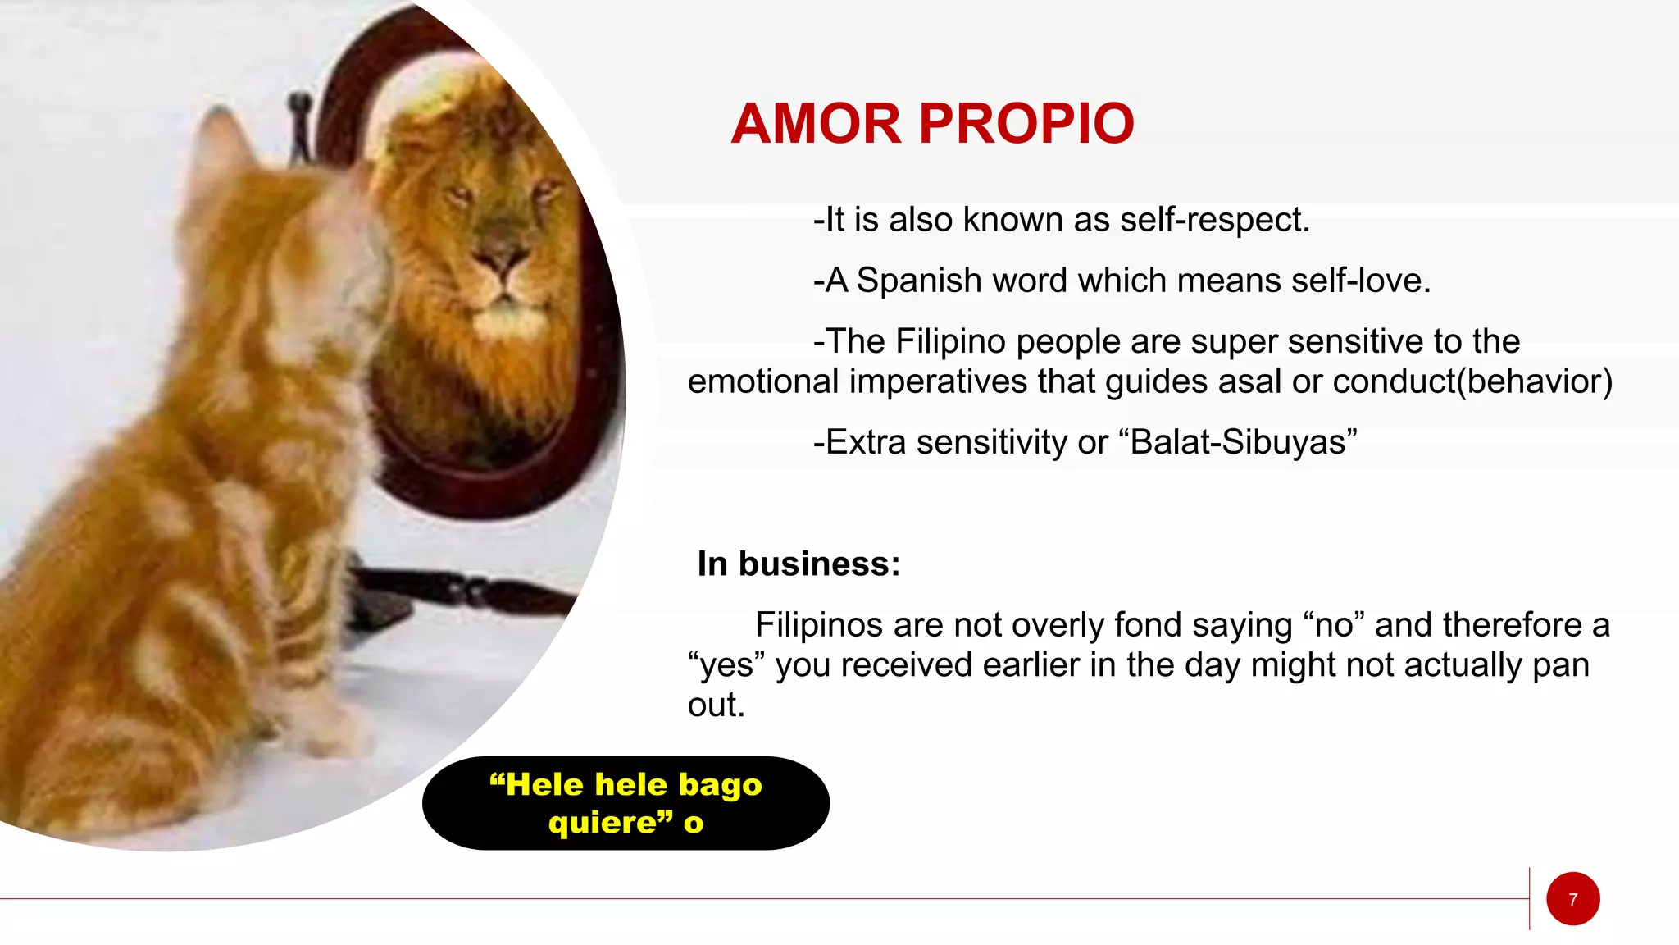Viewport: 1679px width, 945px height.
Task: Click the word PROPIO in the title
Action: click(1026, 124)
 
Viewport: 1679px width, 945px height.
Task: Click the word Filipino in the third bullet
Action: click(950, 341)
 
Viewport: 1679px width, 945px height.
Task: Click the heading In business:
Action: click(799, 564)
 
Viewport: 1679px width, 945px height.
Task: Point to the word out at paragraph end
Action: click(715, 705)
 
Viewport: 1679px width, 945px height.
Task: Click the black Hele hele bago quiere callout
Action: click(626, 803)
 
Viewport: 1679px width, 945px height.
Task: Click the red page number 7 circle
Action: click(1572, 899)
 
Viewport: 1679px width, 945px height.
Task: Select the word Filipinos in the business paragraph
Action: click(819, 625)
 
